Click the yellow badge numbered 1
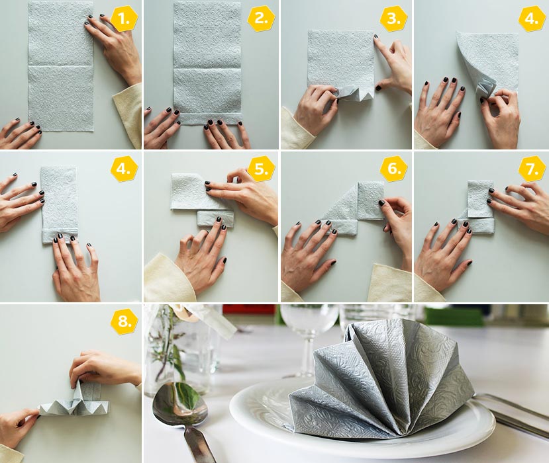tap(125, 19)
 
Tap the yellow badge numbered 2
tap(261, 19)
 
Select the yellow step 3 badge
tap(394, 19)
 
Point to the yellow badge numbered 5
tap(261, 169)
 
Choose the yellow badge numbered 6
tap(394, 169)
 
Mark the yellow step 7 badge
tap(532, 169)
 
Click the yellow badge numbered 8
tap(125, 321)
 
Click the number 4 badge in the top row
tap(532, 19)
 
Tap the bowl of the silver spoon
tap(176, 402)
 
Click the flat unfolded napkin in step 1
tap(61, 66)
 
